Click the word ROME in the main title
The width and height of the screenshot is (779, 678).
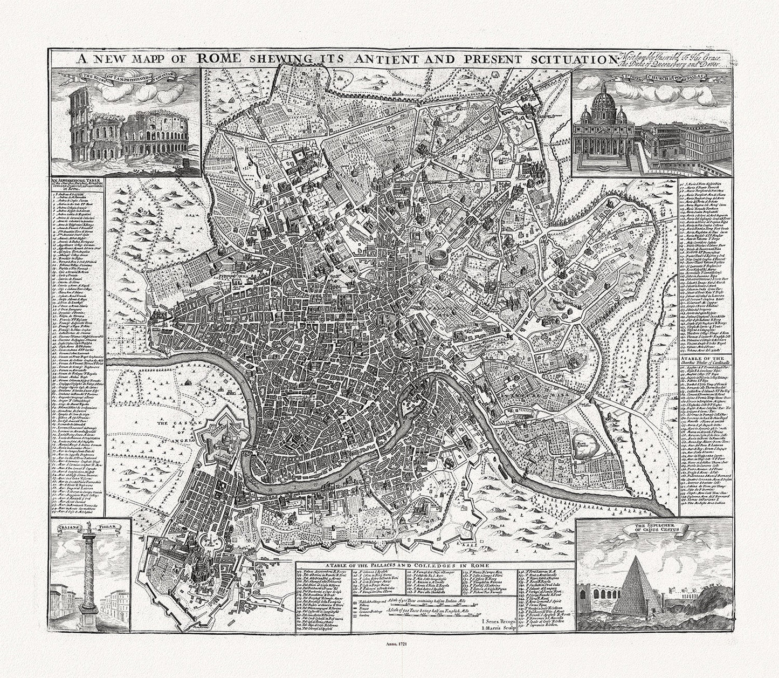tap(218, 58)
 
